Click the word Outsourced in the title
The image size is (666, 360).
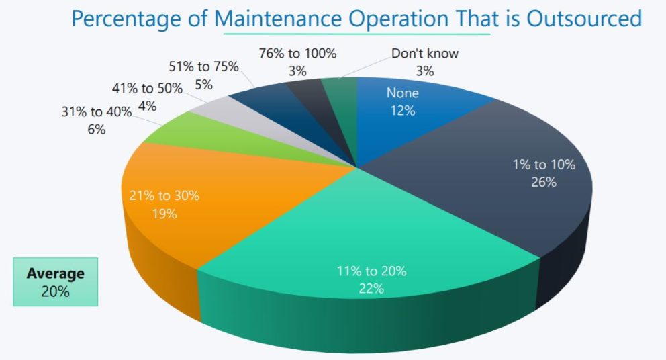pos(584,18)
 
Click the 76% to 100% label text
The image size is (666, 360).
pos(298,53)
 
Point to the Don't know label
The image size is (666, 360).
pos(424,54)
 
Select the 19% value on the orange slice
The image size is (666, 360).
pos(164,214)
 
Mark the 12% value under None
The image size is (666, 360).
pos(403,110)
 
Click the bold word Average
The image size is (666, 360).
pos(55,273)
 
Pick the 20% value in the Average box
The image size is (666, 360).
pos(55,291)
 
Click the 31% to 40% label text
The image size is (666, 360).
pos(96,112)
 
